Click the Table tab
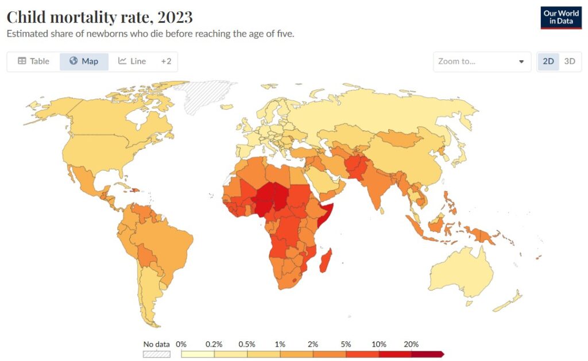click(33, 61)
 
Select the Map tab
click(84, 61)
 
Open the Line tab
click(132, 61)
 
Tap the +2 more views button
click(166, 61)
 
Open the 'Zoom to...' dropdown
click(482, 61)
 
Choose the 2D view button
click(548, 61)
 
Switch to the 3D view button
click(570, 61)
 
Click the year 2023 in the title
click(173, 16)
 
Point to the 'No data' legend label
click(156, 344)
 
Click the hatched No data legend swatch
click(156, 354)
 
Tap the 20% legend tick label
click(411, 344)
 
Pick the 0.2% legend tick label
click(214, 344)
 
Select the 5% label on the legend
click(346, 344)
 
